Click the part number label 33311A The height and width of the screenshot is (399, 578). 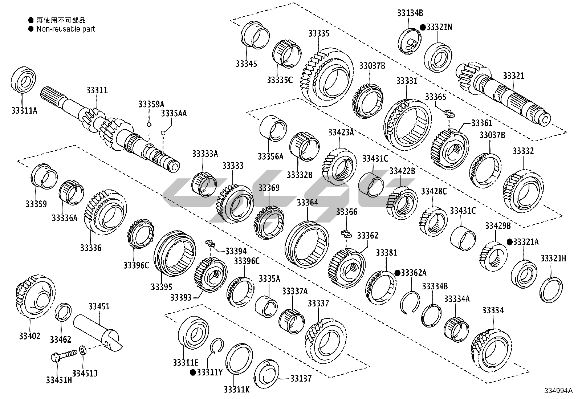[24, 110]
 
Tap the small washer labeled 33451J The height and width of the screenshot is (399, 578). [82, 350]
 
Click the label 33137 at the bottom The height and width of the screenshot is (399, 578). [301, 379]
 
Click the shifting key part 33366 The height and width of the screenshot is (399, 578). [346, 233]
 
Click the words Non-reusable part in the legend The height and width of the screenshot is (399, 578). [65, 29]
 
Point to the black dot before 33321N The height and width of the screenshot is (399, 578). [423, 27]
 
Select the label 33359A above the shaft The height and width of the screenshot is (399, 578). [151, 104]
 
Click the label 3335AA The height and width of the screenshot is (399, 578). [174, 113]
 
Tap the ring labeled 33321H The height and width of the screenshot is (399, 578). [551, 289]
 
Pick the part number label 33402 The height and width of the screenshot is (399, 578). [30, 336]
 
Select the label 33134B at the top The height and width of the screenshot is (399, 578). [410, 13]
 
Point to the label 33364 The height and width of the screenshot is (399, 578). [307, 202]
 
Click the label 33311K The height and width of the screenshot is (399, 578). [236, 389]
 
